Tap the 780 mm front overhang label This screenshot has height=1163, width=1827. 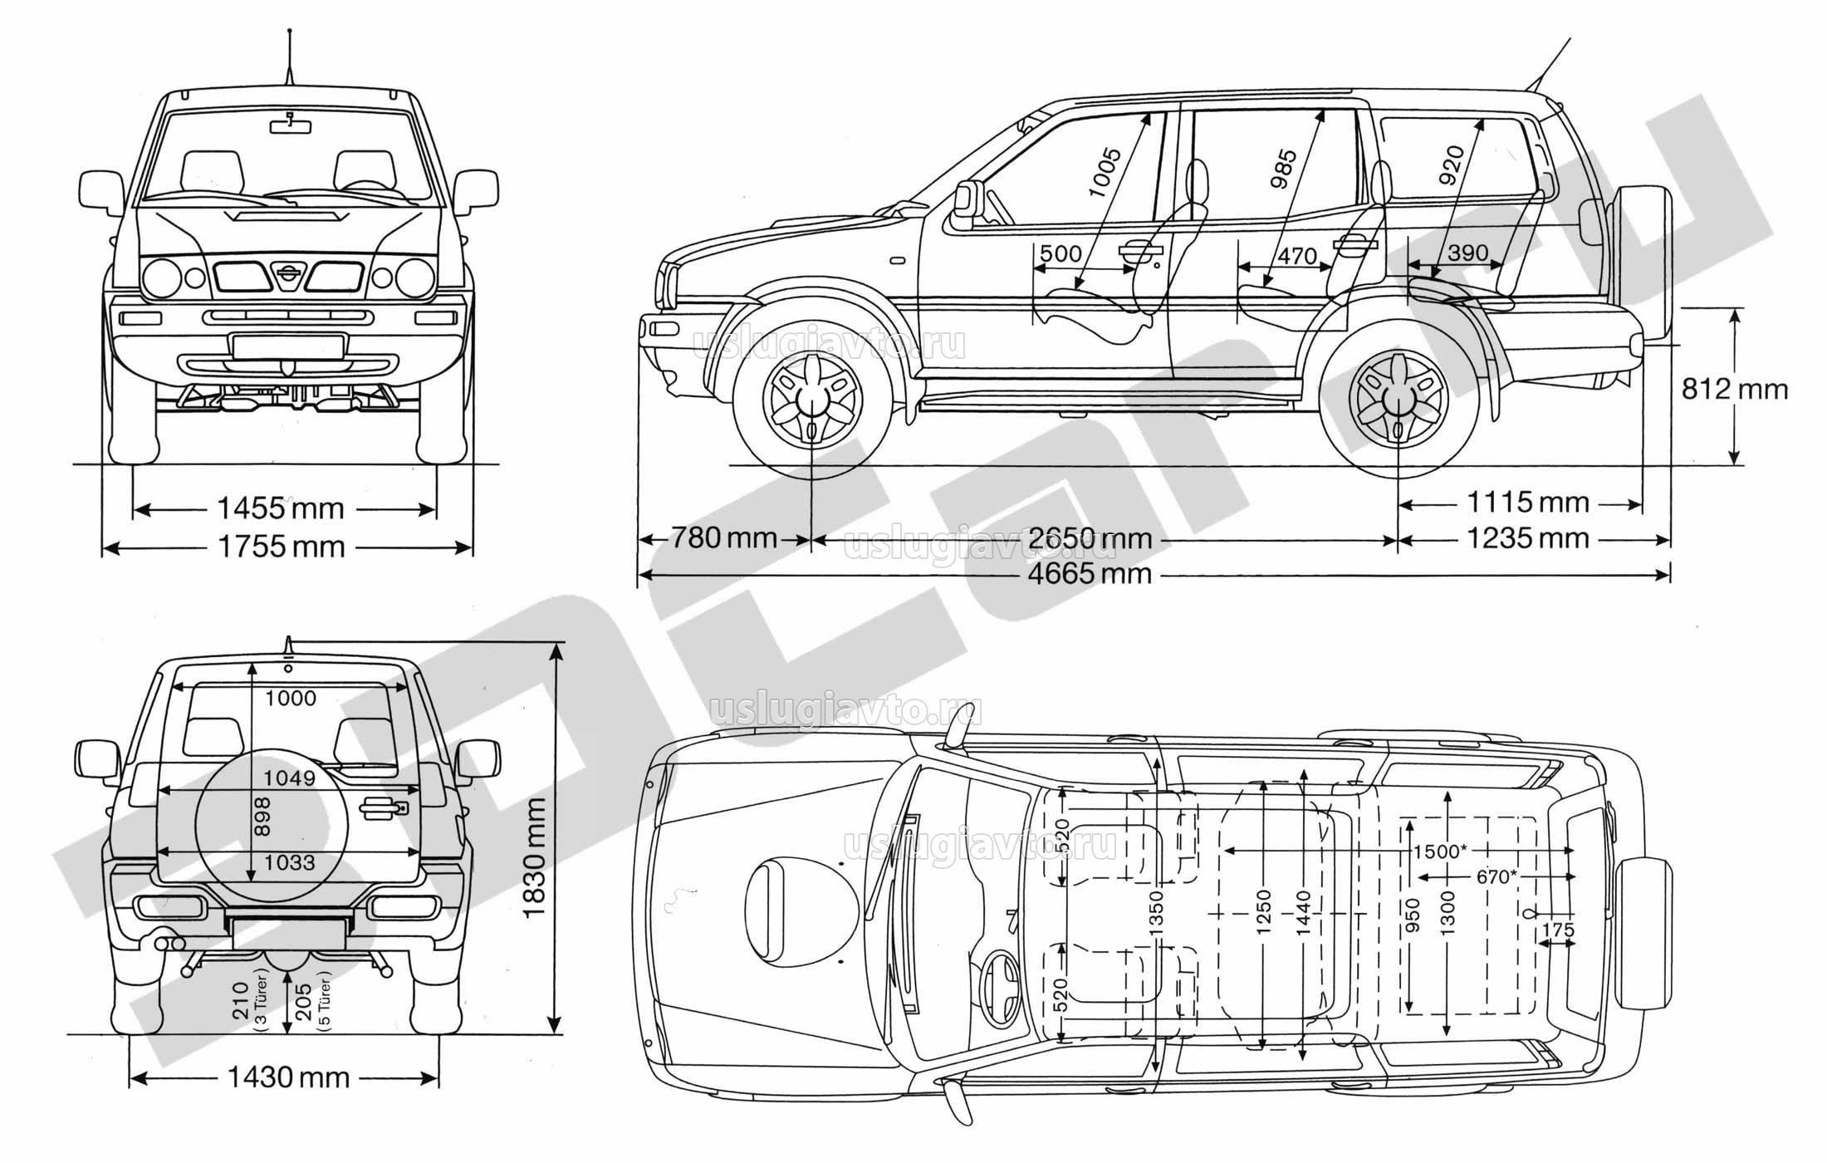pos(723,538)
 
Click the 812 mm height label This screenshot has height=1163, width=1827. pos(1735,389)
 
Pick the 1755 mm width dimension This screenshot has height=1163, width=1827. pos(282,547)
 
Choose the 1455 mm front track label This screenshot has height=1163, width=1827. pos(281,508)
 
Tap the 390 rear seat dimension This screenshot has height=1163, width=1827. pos(1467,253)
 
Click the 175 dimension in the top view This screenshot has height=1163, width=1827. pos(1557,930)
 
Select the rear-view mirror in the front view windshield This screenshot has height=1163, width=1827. pos(290,125)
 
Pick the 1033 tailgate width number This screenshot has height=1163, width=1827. pos(290,862)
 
